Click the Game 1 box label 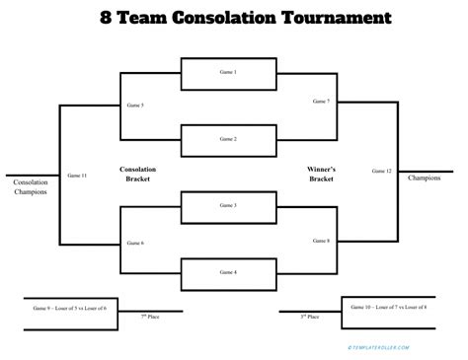point(228,73)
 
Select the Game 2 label point(228,139)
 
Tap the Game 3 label point(228,206)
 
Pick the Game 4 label point(228,271)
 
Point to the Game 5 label point(135,105)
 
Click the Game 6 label point(135,242)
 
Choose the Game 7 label point(320,101)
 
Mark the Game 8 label point(320,240)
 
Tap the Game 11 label point(77,175)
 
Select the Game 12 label point(382,172)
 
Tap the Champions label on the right point(424,179)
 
